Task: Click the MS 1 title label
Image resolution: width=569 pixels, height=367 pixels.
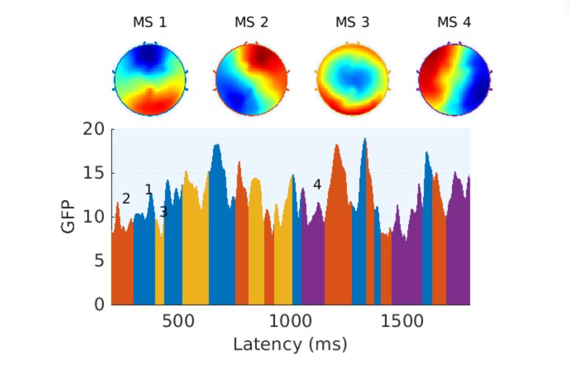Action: (x=150, y=22)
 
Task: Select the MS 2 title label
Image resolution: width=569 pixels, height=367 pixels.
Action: (x=251, y=22)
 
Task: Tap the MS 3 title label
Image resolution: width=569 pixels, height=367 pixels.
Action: (x=352, y=22)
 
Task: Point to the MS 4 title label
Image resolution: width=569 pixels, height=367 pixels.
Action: (x=454, y=22)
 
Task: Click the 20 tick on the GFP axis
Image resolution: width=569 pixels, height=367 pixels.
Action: (x=94, y=129)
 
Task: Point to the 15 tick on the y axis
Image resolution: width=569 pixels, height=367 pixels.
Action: (x=94, y=173)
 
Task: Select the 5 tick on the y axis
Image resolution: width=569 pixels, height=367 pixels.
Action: (x=99, y=261)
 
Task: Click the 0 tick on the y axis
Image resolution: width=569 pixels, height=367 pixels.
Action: (x=99, y=304)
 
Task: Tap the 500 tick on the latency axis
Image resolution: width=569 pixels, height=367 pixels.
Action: (x=178, y=321)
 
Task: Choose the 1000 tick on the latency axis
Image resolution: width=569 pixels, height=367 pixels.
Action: (x=290, y=321)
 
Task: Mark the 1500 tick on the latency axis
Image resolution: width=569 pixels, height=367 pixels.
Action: (x=402, y=321)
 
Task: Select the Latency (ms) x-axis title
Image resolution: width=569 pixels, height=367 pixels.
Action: (x=290, y=344)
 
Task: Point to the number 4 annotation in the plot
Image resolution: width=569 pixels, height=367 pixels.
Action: (x=317, y=185)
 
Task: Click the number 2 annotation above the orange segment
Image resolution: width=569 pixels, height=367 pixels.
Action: (x=126, y=199)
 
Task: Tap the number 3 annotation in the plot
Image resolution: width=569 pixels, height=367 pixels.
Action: (x=163, y=212)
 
